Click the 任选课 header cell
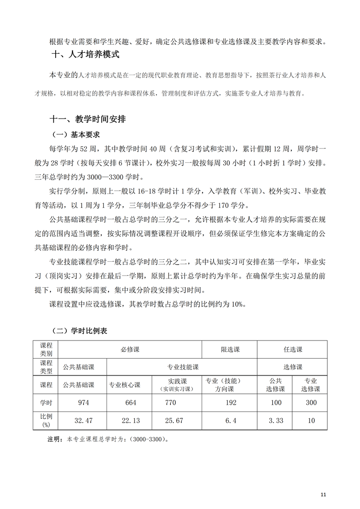tap(292, 350)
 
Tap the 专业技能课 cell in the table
tap(182, 367)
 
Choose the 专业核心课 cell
tap(124, 385)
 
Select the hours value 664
tap(131, 402)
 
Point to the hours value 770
tap(170, 402)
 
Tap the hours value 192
tap(231, 402)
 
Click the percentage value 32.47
tap(84, 420)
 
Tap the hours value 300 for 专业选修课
tap(311, 402)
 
